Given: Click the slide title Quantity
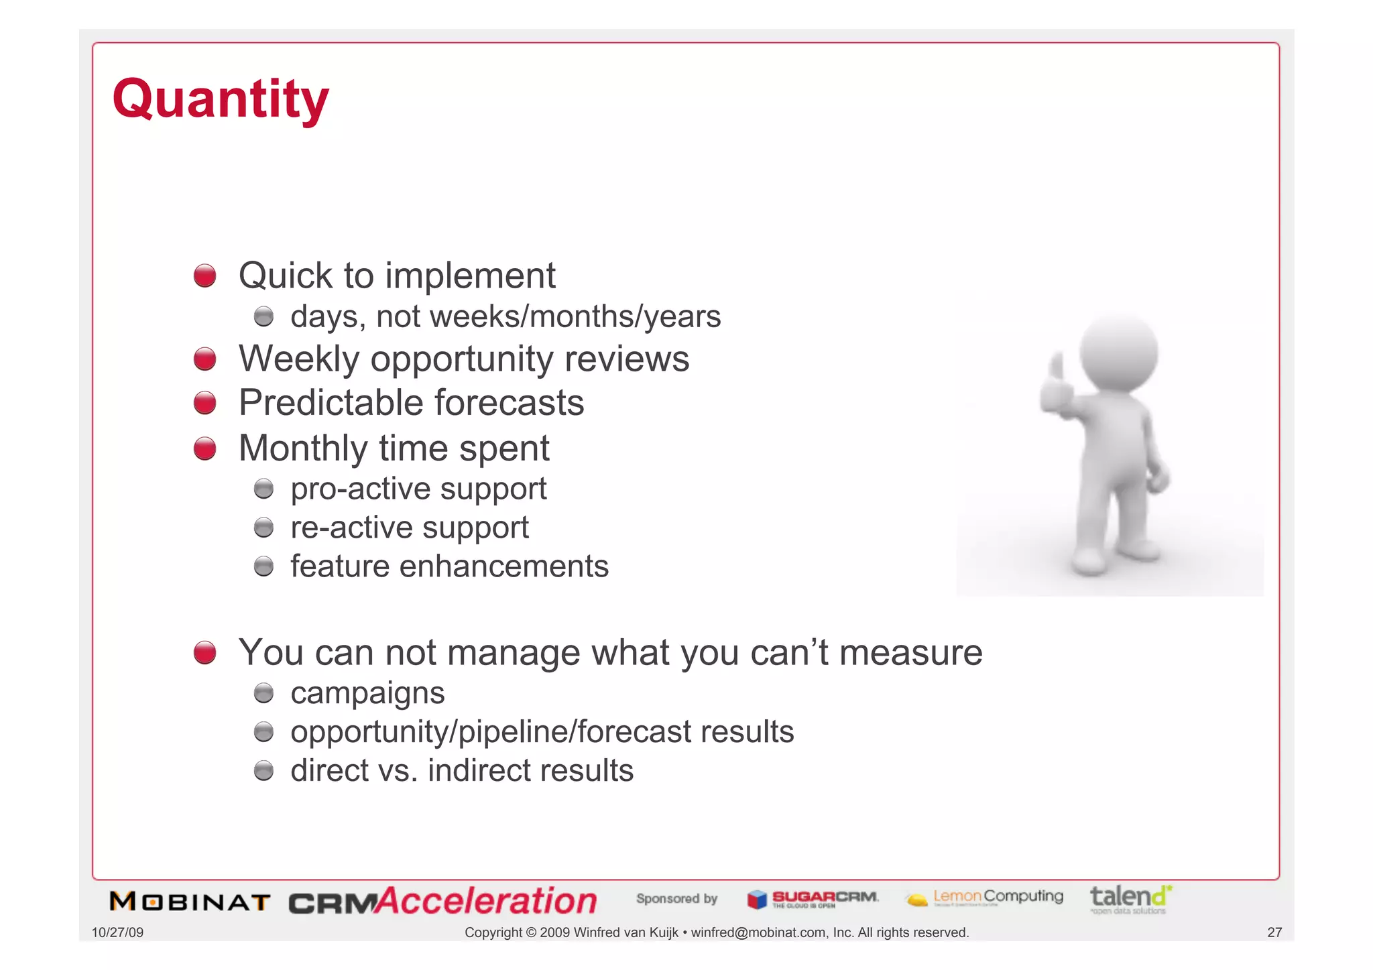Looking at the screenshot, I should tap(221, 99).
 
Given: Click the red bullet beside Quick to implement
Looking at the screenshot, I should tap(204, 276).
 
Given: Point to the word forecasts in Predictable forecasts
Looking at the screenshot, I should tap(509, 403).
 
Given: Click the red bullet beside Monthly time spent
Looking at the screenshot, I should tap(204, 448).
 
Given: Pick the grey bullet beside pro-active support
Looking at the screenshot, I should tap(263, 489).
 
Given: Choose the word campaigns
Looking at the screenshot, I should tap(367, 693).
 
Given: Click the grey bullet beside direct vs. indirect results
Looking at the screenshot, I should tap(263, 771).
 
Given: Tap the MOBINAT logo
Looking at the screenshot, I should tap(190, 902).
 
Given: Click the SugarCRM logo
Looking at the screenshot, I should tap(812, 899).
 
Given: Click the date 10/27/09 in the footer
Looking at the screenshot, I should tap(117, 932).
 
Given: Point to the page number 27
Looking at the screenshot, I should tap(1274, 932).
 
